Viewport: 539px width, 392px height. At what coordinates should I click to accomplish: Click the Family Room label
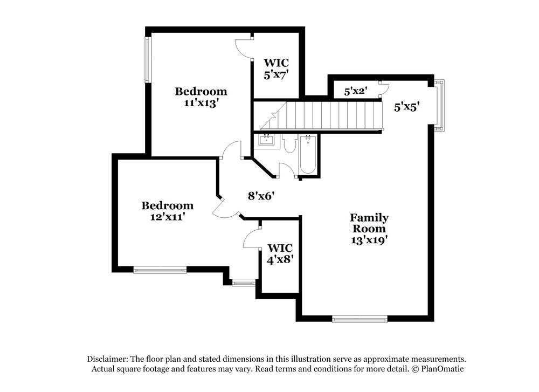[x=369, y=223]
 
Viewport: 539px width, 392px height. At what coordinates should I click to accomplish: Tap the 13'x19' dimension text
[x=369, y=240]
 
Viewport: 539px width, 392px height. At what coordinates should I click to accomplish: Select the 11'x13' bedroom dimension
[x=201, y=102]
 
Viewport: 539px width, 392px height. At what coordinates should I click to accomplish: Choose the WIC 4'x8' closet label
[x=280, y=253]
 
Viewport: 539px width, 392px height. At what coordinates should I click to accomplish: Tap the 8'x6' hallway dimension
[x=262, y=196]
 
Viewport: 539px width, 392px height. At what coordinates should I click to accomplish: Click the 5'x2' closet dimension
[x=355, y=91]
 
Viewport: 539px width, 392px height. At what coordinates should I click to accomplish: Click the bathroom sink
[x=267, y=141]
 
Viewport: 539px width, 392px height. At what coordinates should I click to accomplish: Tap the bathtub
[x=308, y=155]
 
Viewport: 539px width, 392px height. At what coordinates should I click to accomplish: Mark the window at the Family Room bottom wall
[x=360, y=319]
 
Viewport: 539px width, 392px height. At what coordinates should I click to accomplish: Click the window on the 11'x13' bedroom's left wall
[x=147, y=59]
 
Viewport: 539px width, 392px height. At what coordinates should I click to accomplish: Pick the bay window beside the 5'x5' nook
[x=440, y=106]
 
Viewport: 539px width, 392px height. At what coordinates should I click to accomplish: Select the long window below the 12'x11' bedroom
[x=160, y=270]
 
